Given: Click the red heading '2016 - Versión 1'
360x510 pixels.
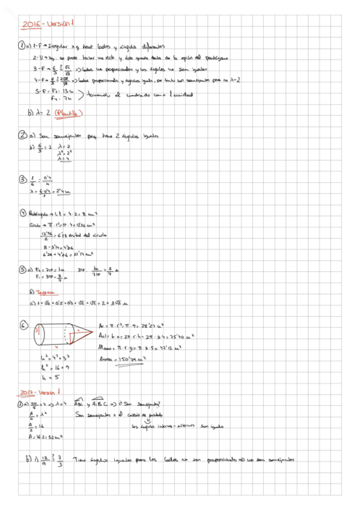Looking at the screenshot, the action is [47, 25].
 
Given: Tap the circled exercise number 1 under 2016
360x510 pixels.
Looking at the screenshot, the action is [22, 45].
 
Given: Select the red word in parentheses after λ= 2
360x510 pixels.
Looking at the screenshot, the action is [68, 112].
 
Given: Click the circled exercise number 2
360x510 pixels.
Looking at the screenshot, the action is [22, 135].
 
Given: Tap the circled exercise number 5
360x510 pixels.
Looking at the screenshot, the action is [22, 269].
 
